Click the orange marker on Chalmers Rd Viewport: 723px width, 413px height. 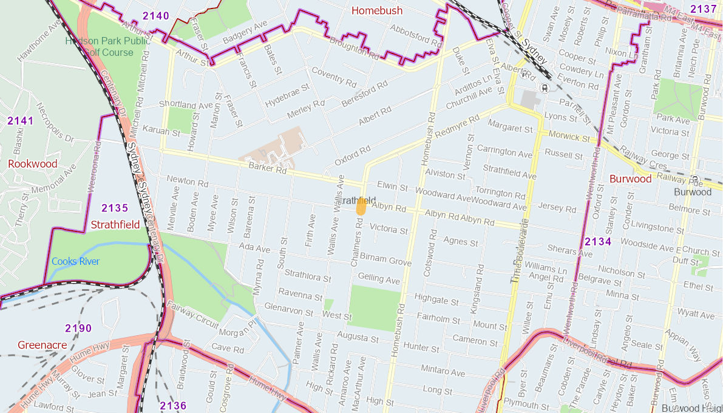tap(361, 206)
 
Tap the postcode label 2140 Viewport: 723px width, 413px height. tap(156, 16)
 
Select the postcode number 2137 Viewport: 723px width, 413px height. tap(703, 9)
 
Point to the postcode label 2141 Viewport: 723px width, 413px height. tap(20, 121)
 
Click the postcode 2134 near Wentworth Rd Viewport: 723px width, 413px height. tap(598, 242)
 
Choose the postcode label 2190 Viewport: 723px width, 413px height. tap(78, 329)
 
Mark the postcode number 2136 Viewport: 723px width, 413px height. tap(173, 406)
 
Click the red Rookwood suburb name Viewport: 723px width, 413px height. tap(33, 164)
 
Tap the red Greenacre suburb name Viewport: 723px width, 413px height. tap(42, 345)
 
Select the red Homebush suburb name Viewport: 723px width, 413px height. tap(377, 11)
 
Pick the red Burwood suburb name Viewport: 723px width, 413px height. tap(630, 179)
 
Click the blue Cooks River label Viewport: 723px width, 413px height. tap(75, 261)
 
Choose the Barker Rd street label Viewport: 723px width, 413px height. tap(267, 169)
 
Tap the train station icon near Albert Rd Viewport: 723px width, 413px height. tap(545, 87)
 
